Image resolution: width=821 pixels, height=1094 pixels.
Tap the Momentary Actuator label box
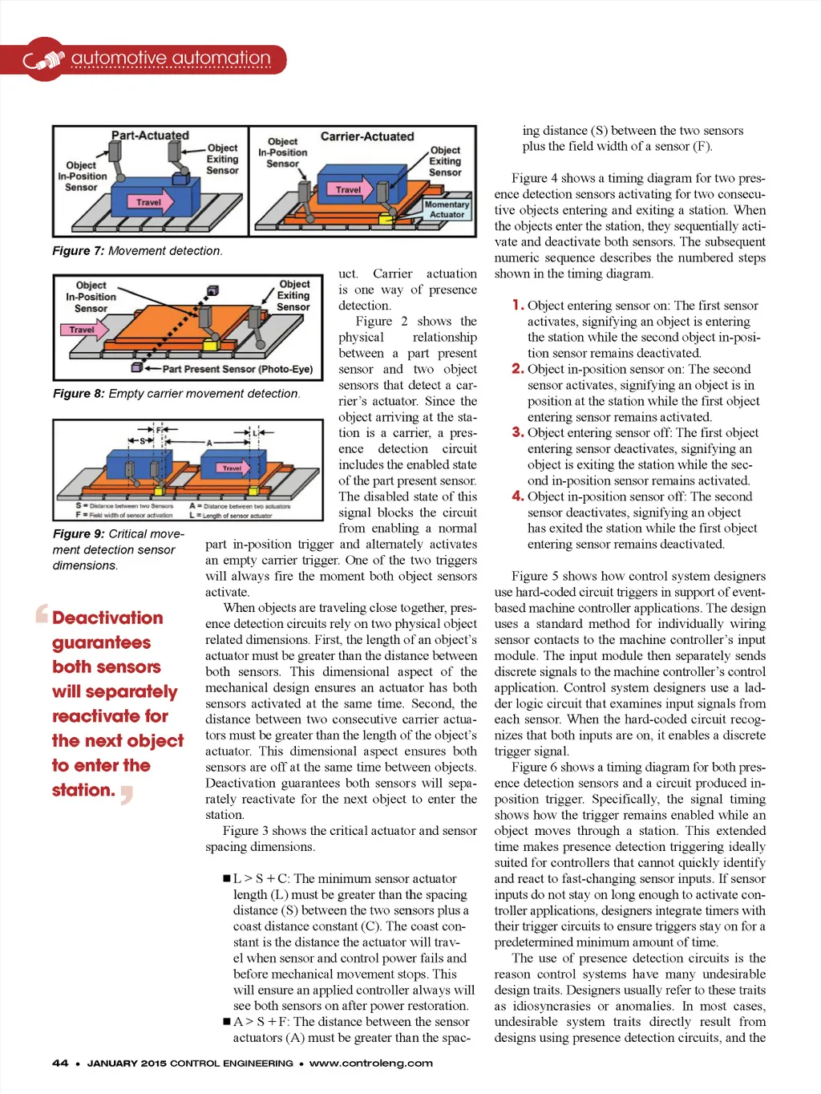(447, 209)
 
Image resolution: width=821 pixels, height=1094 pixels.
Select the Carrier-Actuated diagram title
(367, 136)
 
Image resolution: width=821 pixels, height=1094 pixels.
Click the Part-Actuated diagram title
(150, 136)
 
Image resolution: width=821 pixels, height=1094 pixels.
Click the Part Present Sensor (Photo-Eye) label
(237, 369)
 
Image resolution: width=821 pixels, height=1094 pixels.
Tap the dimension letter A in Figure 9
(209, 442)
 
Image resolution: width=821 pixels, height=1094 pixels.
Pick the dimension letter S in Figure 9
(143, 441)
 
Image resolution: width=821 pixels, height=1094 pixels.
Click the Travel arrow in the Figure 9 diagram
(233, 468)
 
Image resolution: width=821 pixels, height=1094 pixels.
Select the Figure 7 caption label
(78, 251)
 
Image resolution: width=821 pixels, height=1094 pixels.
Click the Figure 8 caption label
(79, 394)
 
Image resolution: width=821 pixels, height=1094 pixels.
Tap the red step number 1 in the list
(518, 305)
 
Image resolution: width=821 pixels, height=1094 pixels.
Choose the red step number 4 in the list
(518, 496)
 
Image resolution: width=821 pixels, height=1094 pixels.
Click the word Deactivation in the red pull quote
(107, 618)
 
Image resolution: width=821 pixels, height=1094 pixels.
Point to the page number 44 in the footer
(60, 1064)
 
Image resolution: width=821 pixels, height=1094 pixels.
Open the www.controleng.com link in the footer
(370, 1064)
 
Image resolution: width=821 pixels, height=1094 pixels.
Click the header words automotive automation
(171, 59)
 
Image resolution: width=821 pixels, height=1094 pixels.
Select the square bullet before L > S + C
(227, 879)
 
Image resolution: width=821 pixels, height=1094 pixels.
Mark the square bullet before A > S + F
(227, 1022)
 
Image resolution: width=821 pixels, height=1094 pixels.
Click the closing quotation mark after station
(126, 795)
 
